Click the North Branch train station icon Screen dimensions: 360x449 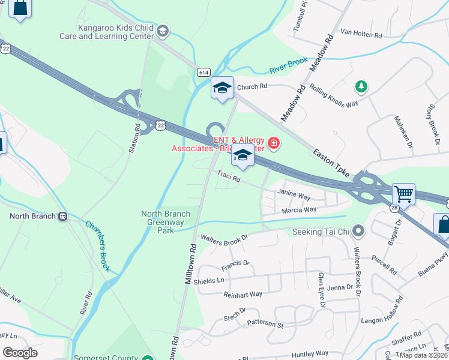[x=63, y=216]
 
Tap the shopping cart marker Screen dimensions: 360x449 [x=403, y=194]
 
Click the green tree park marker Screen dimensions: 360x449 [x=361, y=87]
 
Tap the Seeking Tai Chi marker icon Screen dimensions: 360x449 [x=358, y=231]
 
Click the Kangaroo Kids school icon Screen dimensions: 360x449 [x=162, y=31]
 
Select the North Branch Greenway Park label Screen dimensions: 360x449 [x=166, y=221]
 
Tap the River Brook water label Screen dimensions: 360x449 [x=288, y=65]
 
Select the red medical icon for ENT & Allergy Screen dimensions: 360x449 [x=274, y=143]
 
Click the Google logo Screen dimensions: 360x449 [x=20, y=353]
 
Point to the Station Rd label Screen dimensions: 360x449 [x=136, y=138]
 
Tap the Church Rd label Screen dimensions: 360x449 [x=252, y=87]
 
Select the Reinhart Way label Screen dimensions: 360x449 [x=243, y=294]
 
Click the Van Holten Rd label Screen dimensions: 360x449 [x=361, y=35]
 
